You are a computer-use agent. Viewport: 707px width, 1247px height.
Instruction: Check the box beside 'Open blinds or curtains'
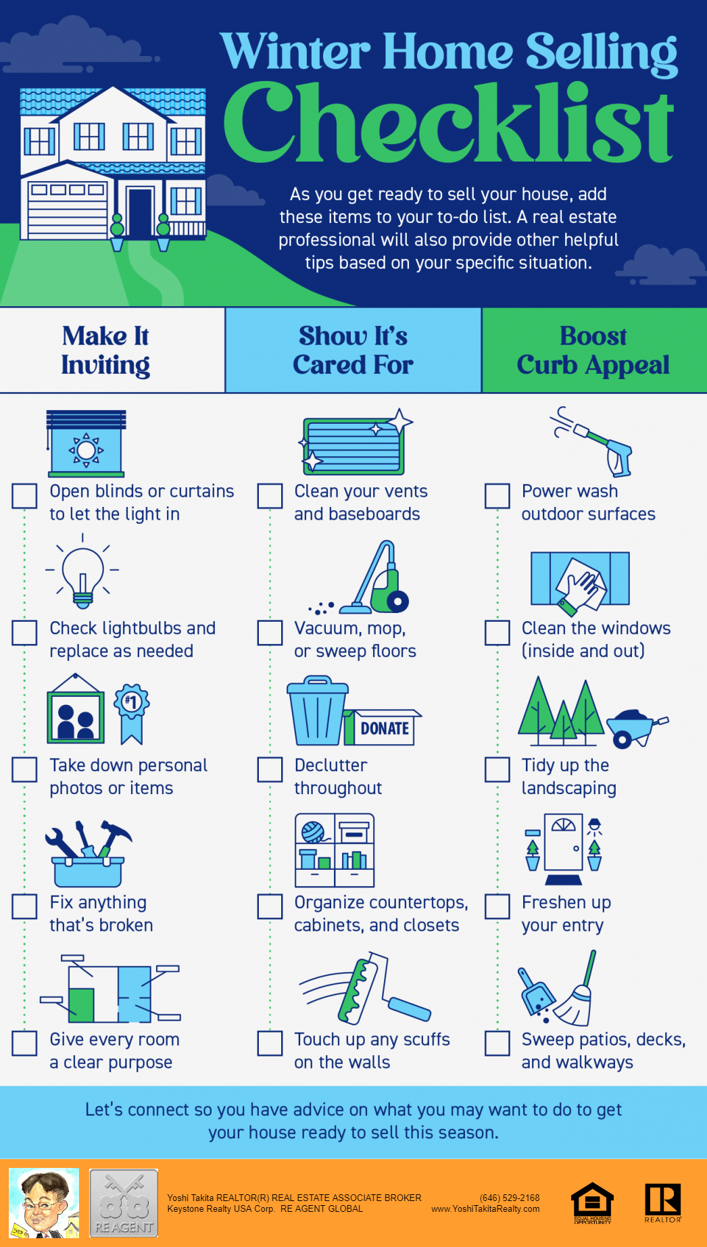[x=24, y=495]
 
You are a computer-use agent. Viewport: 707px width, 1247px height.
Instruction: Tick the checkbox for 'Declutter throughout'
[x=270, y=769]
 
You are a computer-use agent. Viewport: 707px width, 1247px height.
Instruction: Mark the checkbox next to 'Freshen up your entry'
[x=497, y=906]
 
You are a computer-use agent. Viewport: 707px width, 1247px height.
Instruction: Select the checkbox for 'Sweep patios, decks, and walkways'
[x=497, y=1043]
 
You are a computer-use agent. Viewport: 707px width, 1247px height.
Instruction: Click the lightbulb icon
[x=82, y=571]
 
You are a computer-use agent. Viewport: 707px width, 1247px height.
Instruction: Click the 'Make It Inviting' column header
[x=105, y=350]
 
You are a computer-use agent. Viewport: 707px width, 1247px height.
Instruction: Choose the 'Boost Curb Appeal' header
[x=593, y=350]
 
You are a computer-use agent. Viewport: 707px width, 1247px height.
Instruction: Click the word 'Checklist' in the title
[x=449, y=122]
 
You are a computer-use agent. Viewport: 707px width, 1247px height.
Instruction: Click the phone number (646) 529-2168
[x=510, y=1198]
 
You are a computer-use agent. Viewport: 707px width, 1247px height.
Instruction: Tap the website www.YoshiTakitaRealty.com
[x=485, y=1209]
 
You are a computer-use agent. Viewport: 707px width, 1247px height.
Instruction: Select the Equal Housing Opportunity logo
[x=592, y=1204]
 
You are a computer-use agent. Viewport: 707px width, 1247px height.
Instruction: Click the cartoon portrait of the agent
[x=44, y=1203]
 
